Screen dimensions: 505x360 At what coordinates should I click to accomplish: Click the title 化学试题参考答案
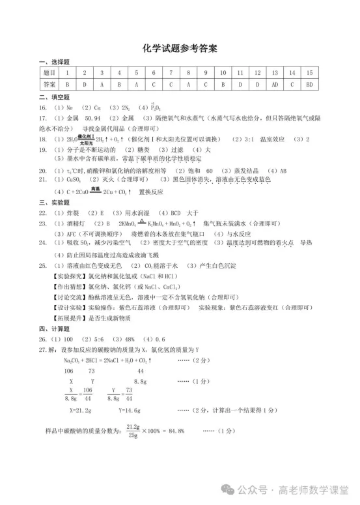click(180, 49)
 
